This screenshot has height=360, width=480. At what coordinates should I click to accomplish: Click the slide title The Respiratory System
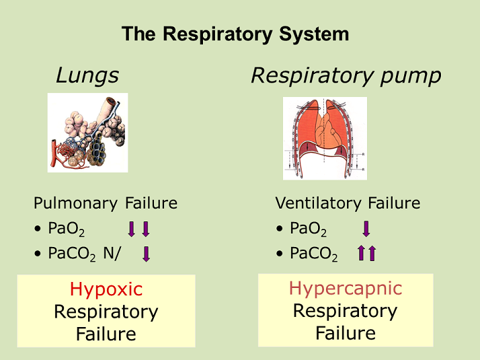click(235, 34)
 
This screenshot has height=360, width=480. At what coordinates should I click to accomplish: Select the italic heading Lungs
click(87, 76)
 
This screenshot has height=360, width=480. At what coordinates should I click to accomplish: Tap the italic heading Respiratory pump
click(346, 76)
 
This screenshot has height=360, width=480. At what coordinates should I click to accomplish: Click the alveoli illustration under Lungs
click(87, 133)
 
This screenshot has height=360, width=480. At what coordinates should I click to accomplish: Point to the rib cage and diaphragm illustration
click(325, 138)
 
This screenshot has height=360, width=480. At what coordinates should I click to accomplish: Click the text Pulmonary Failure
click(106, 203)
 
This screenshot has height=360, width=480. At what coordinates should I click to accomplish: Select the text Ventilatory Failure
click(348, 203)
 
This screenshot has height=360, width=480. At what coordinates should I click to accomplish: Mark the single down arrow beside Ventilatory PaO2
click(366, 229)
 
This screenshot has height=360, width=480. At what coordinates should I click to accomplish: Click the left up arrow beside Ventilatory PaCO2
click(361, 254)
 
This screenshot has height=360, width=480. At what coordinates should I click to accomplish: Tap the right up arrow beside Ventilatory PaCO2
click(372, 254)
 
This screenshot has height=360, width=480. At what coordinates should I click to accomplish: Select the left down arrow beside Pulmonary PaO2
click(132, 229)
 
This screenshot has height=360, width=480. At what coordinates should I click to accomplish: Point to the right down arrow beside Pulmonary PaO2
click(145, 229)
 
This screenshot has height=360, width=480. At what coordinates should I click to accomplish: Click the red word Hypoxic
click(106, 290)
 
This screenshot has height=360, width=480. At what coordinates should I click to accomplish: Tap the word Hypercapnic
click(345, 289)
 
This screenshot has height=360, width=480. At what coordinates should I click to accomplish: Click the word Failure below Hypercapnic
click(345, 333)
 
